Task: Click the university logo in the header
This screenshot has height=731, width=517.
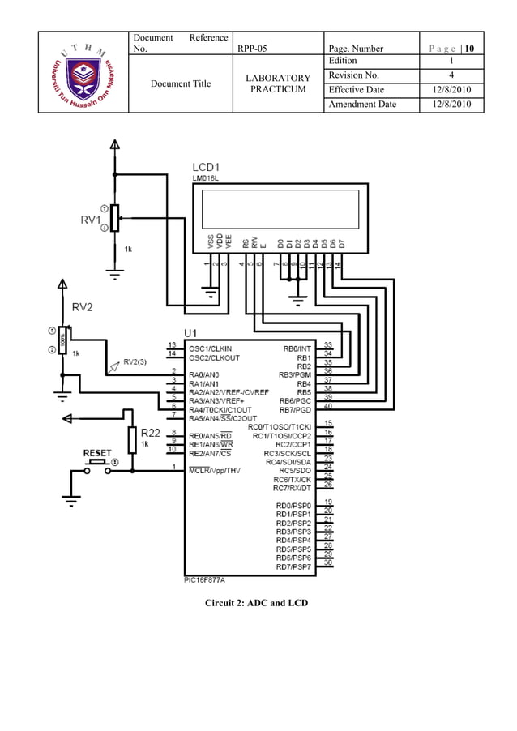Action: pos(83,73)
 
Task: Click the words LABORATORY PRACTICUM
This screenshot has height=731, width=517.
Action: pos(278,83)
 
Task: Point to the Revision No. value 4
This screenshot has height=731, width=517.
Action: pos(451,75)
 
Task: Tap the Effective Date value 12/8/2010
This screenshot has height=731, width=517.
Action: pos(451,90)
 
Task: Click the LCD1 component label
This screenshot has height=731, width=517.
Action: pos(208,167)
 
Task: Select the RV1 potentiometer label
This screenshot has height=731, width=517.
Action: pos(89,220)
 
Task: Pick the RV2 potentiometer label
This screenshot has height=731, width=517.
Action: pos(83,307)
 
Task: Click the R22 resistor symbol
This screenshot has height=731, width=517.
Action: pos(132,441)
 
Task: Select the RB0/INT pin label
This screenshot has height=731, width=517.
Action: pos(297,348)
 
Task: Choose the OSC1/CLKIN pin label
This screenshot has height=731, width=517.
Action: pos(210,348)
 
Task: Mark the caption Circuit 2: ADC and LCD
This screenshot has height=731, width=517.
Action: pos(256,603)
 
